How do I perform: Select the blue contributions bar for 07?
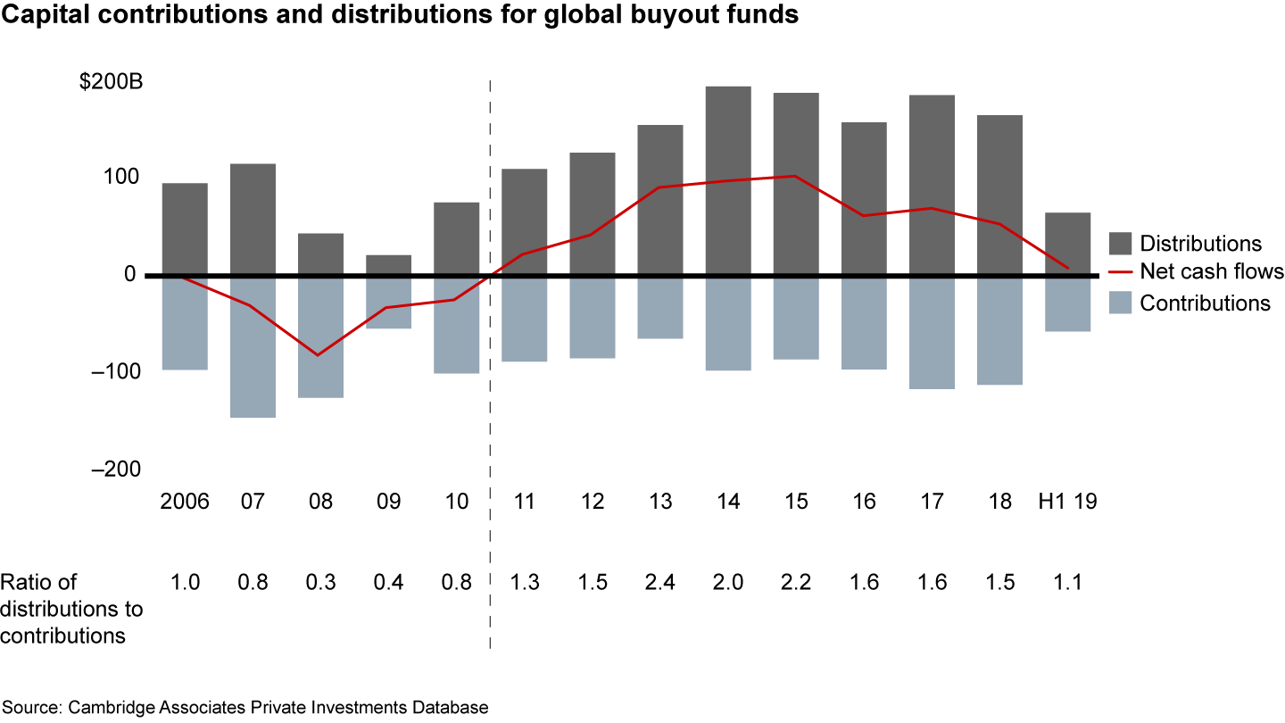coord(253,347)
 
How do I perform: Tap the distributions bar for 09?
coord(388,265)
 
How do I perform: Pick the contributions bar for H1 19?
coord(1068,304)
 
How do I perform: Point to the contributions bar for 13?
coord(659,308)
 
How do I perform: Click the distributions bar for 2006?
coord(185,229)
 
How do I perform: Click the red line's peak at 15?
coord(795,176)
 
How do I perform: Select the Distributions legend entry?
coord(1200,244)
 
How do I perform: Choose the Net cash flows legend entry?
coord(1212,272)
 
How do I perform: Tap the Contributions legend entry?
coord(1205,303)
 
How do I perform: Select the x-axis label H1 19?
coord(1067,502)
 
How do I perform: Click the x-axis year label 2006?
coord(185,502)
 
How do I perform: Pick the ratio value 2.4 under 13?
coord(659,583)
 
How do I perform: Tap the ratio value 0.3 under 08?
coord(320,583)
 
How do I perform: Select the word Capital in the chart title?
coord(37,15)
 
